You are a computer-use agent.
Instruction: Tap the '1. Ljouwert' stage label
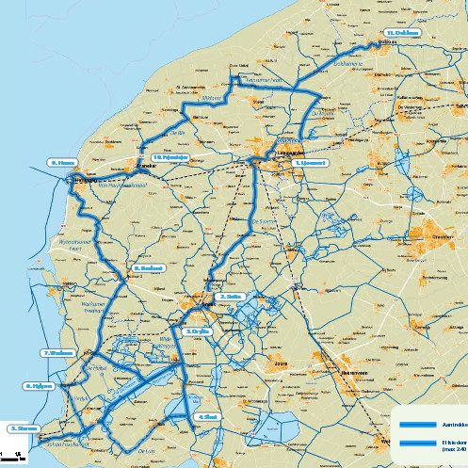point(310,162)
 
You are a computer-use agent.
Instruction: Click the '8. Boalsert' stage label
point(150,267)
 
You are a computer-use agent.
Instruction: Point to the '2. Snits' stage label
point(232,296)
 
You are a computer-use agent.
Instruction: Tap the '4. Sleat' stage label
point(208,415)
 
